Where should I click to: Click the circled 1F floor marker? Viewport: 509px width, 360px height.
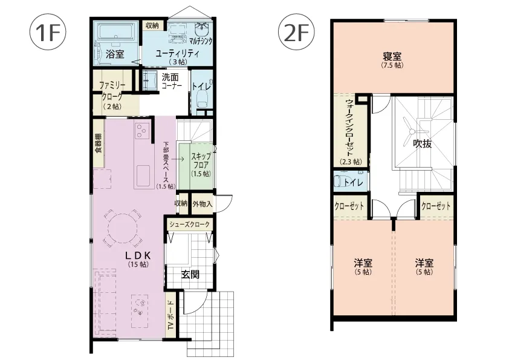[48, 32]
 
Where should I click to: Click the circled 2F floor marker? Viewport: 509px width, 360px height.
[296, 32]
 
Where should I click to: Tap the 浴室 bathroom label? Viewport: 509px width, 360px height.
[115, 54]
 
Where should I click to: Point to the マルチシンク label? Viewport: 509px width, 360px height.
[201, 41]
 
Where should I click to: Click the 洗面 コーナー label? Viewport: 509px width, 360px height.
[172, 81]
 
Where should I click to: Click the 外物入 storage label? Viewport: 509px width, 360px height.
[203, 204]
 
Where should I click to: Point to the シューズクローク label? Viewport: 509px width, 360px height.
[190, 224]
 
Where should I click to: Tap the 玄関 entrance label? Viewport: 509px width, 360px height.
[190, 275]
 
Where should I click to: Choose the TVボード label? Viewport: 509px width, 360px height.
[170, 315]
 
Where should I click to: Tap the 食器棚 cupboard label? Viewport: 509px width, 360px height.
[98, 143]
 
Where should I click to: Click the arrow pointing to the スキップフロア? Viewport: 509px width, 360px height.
[178, 159]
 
